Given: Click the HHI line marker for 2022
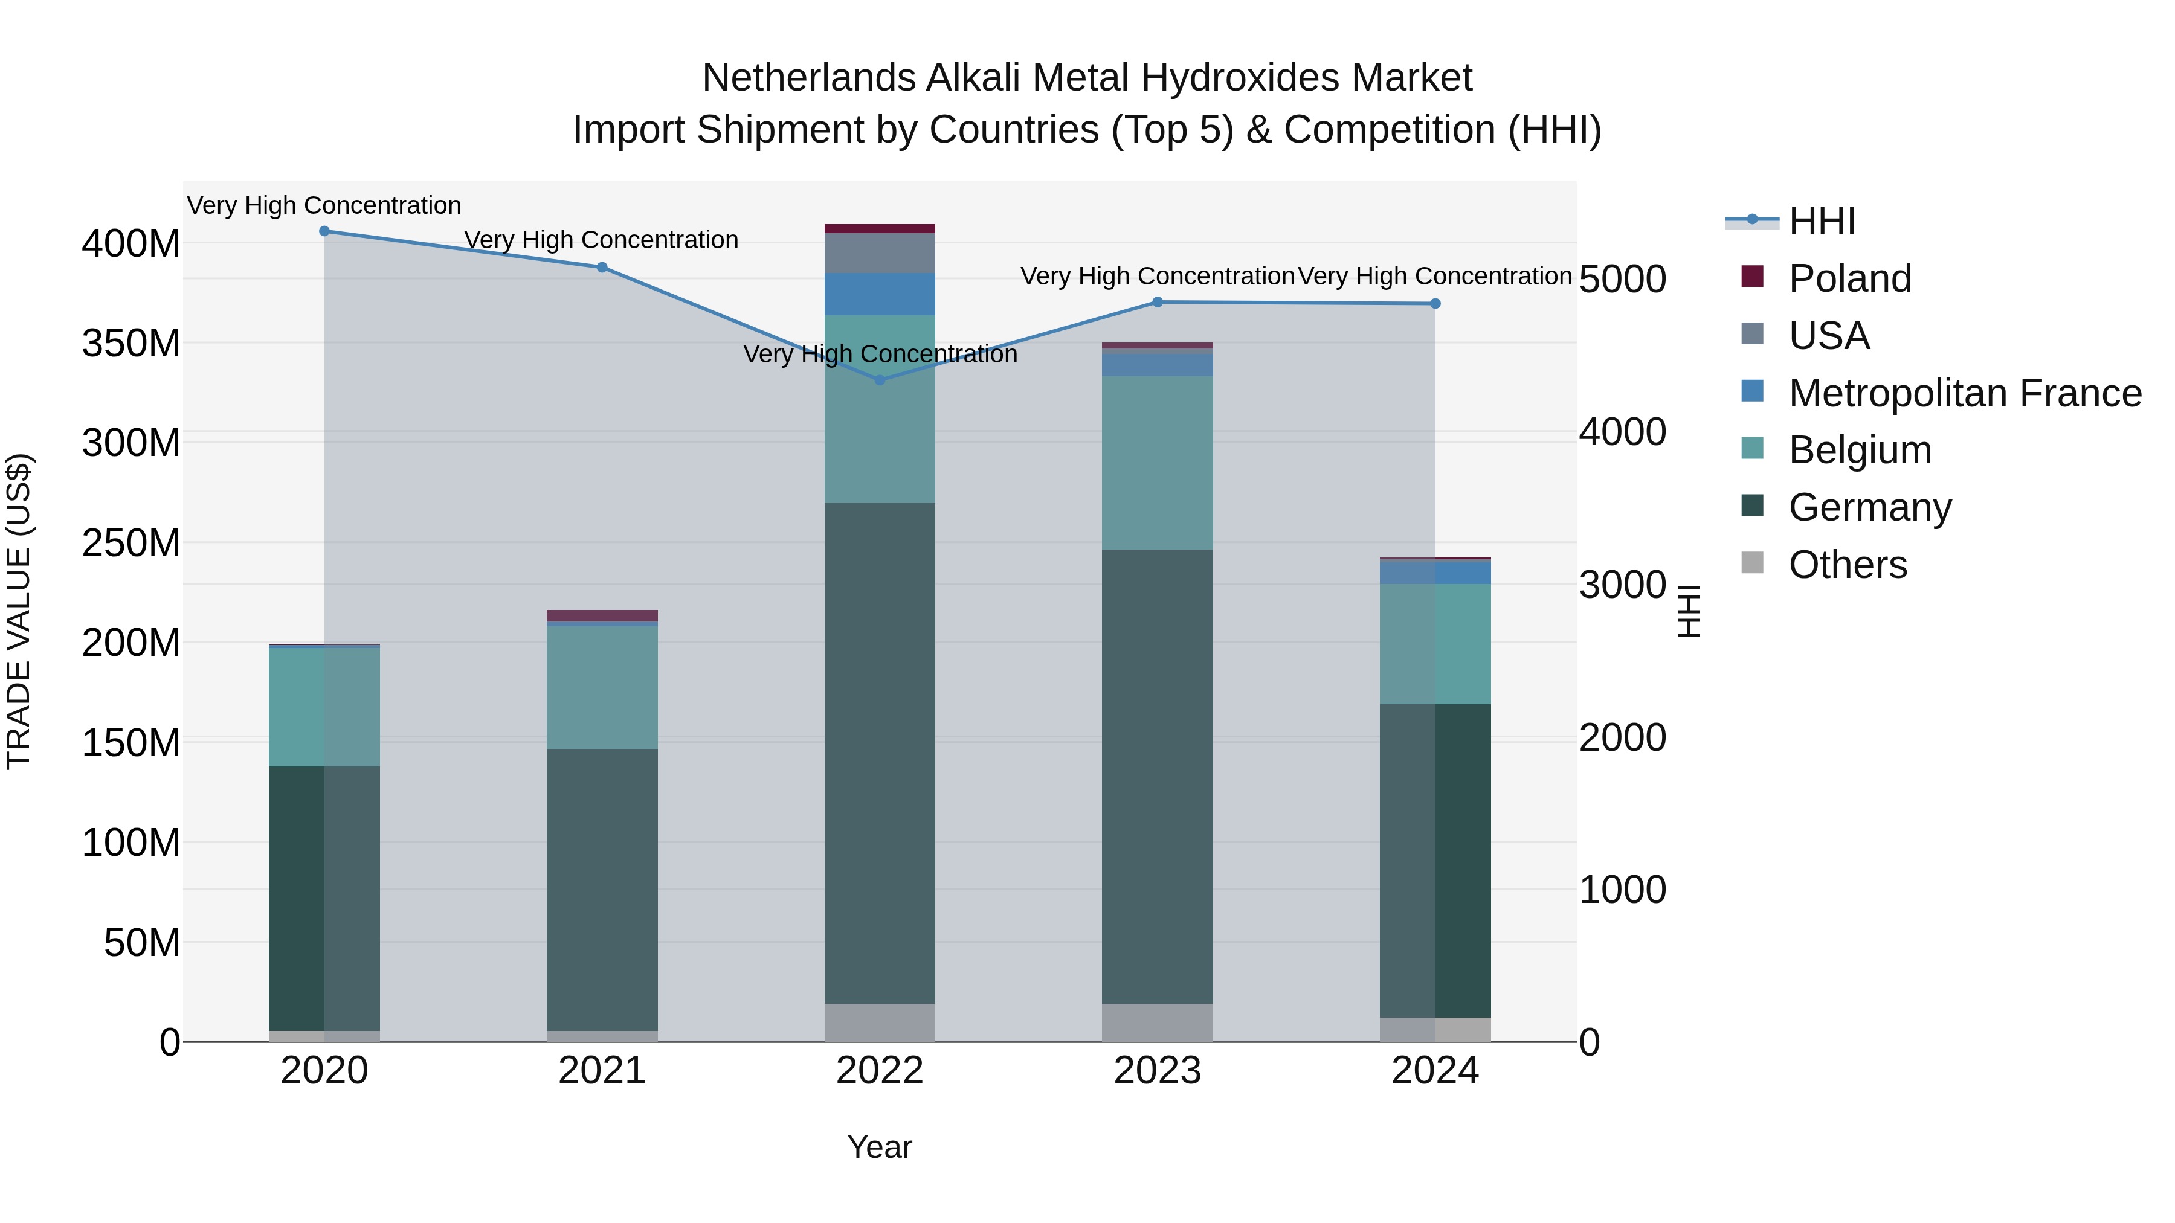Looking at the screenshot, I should tap(880, 380).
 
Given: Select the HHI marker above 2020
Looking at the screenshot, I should tap(324, 231).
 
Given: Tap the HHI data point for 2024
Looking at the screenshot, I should tap(1435, 303).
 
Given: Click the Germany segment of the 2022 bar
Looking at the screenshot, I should tap(880, 751).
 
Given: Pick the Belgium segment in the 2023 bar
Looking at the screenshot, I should tap(1157, 463).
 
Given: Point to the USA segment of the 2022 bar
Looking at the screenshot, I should tap(880, 252).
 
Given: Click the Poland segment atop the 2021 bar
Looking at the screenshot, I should tap(602, 615).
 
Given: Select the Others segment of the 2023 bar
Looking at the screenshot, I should tap(1157, 1021).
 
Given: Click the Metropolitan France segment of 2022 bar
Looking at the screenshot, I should tap(880, 294).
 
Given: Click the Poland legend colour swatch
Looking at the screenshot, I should tap(1752, 277).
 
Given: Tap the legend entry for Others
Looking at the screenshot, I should tap(1848, 564).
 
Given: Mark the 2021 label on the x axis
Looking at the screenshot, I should tap(602, 1070).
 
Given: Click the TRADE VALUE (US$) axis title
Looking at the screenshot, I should tap(19, 611).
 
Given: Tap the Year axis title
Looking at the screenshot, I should tap(880, 1147).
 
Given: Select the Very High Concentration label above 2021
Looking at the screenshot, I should tap(601, 240).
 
